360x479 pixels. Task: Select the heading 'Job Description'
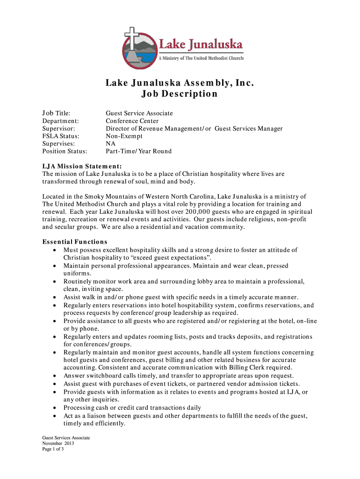point(180,94)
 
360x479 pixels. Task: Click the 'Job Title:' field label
point(57,113)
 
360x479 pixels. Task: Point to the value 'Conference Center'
point(132,121)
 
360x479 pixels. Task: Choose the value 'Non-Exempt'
point(124,136)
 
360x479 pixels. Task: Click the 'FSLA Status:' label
point(61,136)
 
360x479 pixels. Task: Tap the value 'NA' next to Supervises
point(110,144)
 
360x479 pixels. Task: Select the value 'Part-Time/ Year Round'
point(138,151)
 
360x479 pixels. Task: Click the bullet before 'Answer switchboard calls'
point(55,376)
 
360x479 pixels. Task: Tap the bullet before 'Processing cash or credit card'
point(55,407)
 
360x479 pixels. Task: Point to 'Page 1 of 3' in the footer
point(53,449)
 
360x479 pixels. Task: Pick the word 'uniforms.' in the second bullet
point(77,273)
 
